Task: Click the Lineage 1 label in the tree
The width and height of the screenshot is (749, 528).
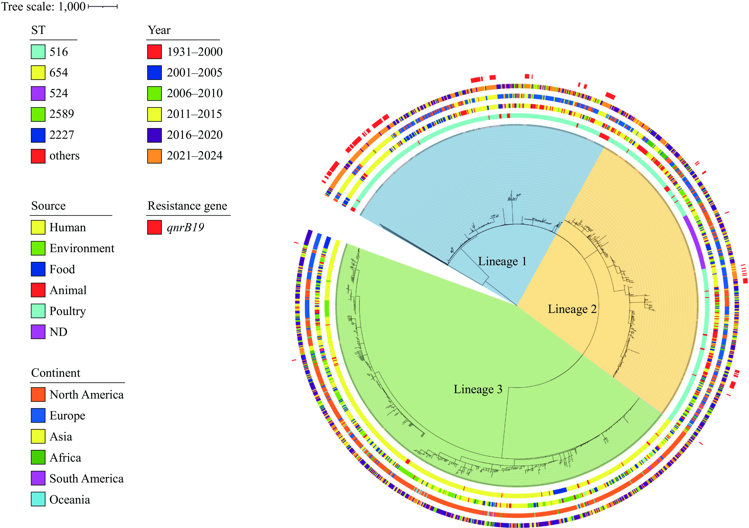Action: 502,261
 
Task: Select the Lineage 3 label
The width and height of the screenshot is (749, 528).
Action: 478,389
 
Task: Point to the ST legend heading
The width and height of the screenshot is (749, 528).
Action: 38,30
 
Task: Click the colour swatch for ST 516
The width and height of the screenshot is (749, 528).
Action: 38,52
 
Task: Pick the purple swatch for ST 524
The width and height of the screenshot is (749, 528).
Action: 38,93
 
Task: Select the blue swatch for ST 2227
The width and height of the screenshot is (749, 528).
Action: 38,135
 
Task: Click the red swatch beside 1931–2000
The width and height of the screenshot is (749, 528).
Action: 154,52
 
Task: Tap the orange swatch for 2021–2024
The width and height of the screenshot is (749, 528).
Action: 154,156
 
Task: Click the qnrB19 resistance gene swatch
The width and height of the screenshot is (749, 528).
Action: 154,227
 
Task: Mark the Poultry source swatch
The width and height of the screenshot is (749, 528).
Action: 38,311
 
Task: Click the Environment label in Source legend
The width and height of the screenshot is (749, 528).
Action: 82,248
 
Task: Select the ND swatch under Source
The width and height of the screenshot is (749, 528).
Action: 38,332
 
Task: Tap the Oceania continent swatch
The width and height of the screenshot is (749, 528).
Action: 38,499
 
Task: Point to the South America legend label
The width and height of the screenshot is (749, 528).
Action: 87,478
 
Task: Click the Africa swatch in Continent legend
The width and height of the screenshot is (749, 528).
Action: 38,457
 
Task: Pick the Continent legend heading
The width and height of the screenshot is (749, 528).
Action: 55,373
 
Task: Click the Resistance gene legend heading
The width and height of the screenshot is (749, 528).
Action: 187,206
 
